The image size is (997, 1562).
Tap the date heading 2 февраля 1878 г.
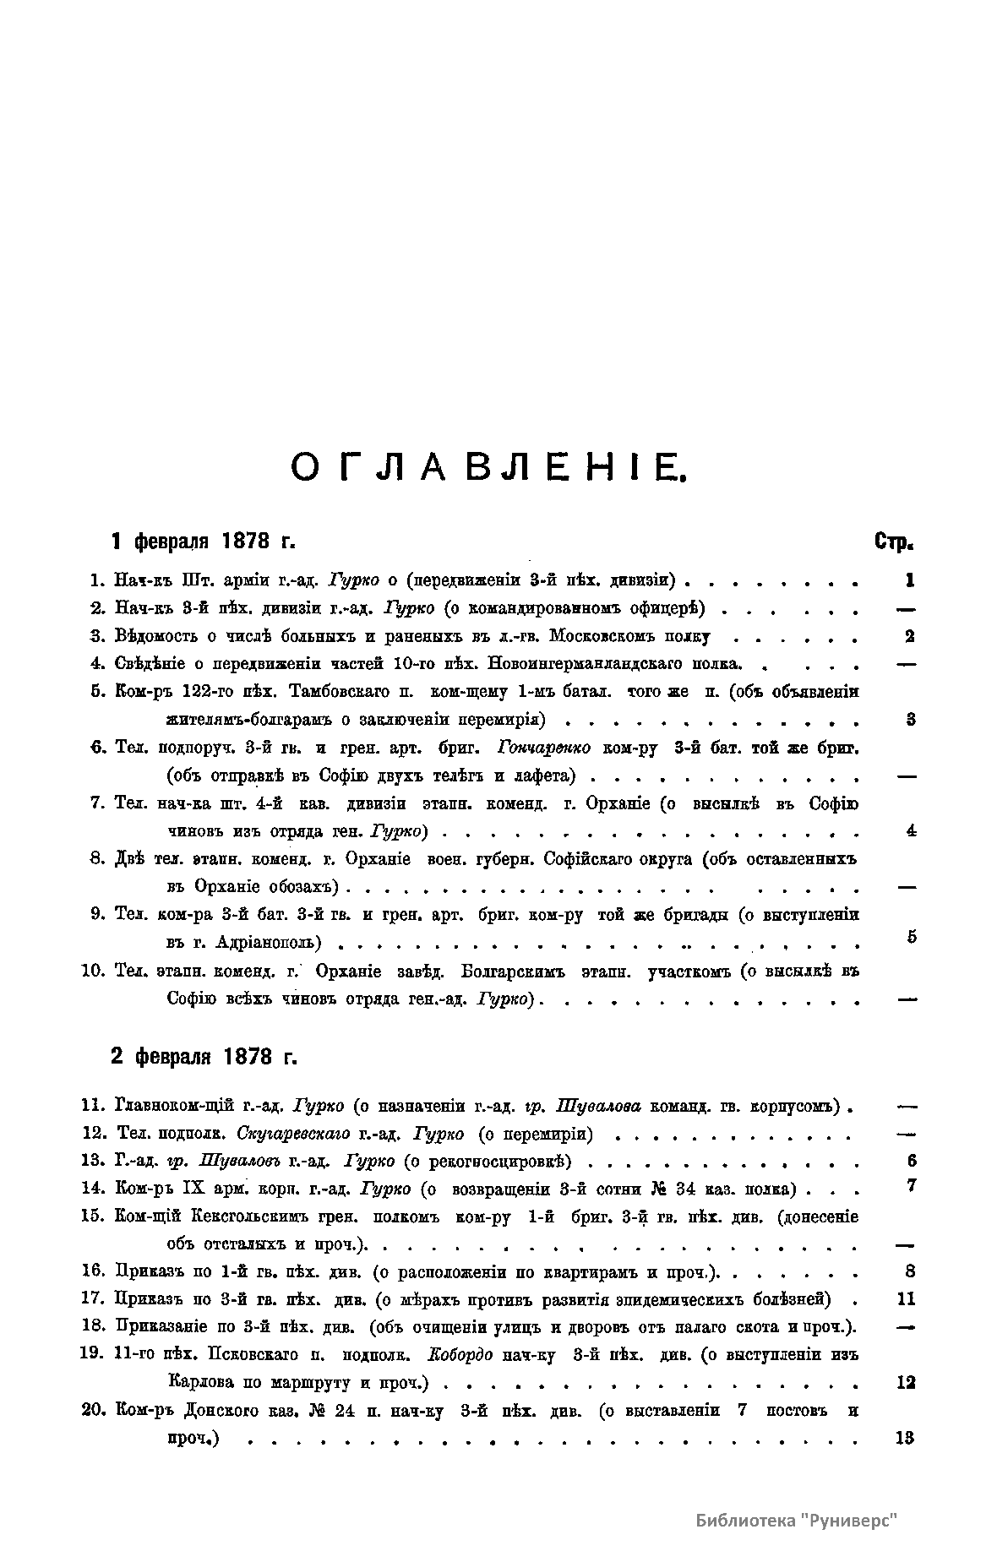click(x=204, y=1056)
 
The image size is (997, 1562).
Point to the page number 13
click(x=904, y=1439)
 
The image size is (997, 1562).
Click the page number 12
click(x=904, y=1383)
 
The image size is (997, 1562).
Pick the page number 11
click(x=905, y=1299)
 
